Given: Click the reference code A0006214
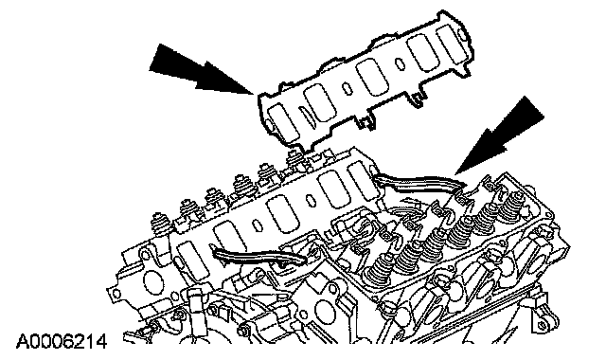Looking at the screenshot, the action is (x=61, y=342).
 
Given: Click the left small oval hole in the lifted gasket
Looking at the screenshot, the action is (x=348, y=89).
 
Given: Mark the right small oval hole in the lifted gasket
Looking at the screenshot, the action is (x=399, y=63).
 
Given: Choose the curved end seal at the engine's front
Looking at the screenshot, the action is (x=258, y=257).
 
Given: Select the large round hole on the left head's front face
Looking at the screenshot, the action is (x=151, y=281).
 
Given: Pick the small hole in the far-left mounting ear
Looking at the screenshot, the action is (x=116, y=294).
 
